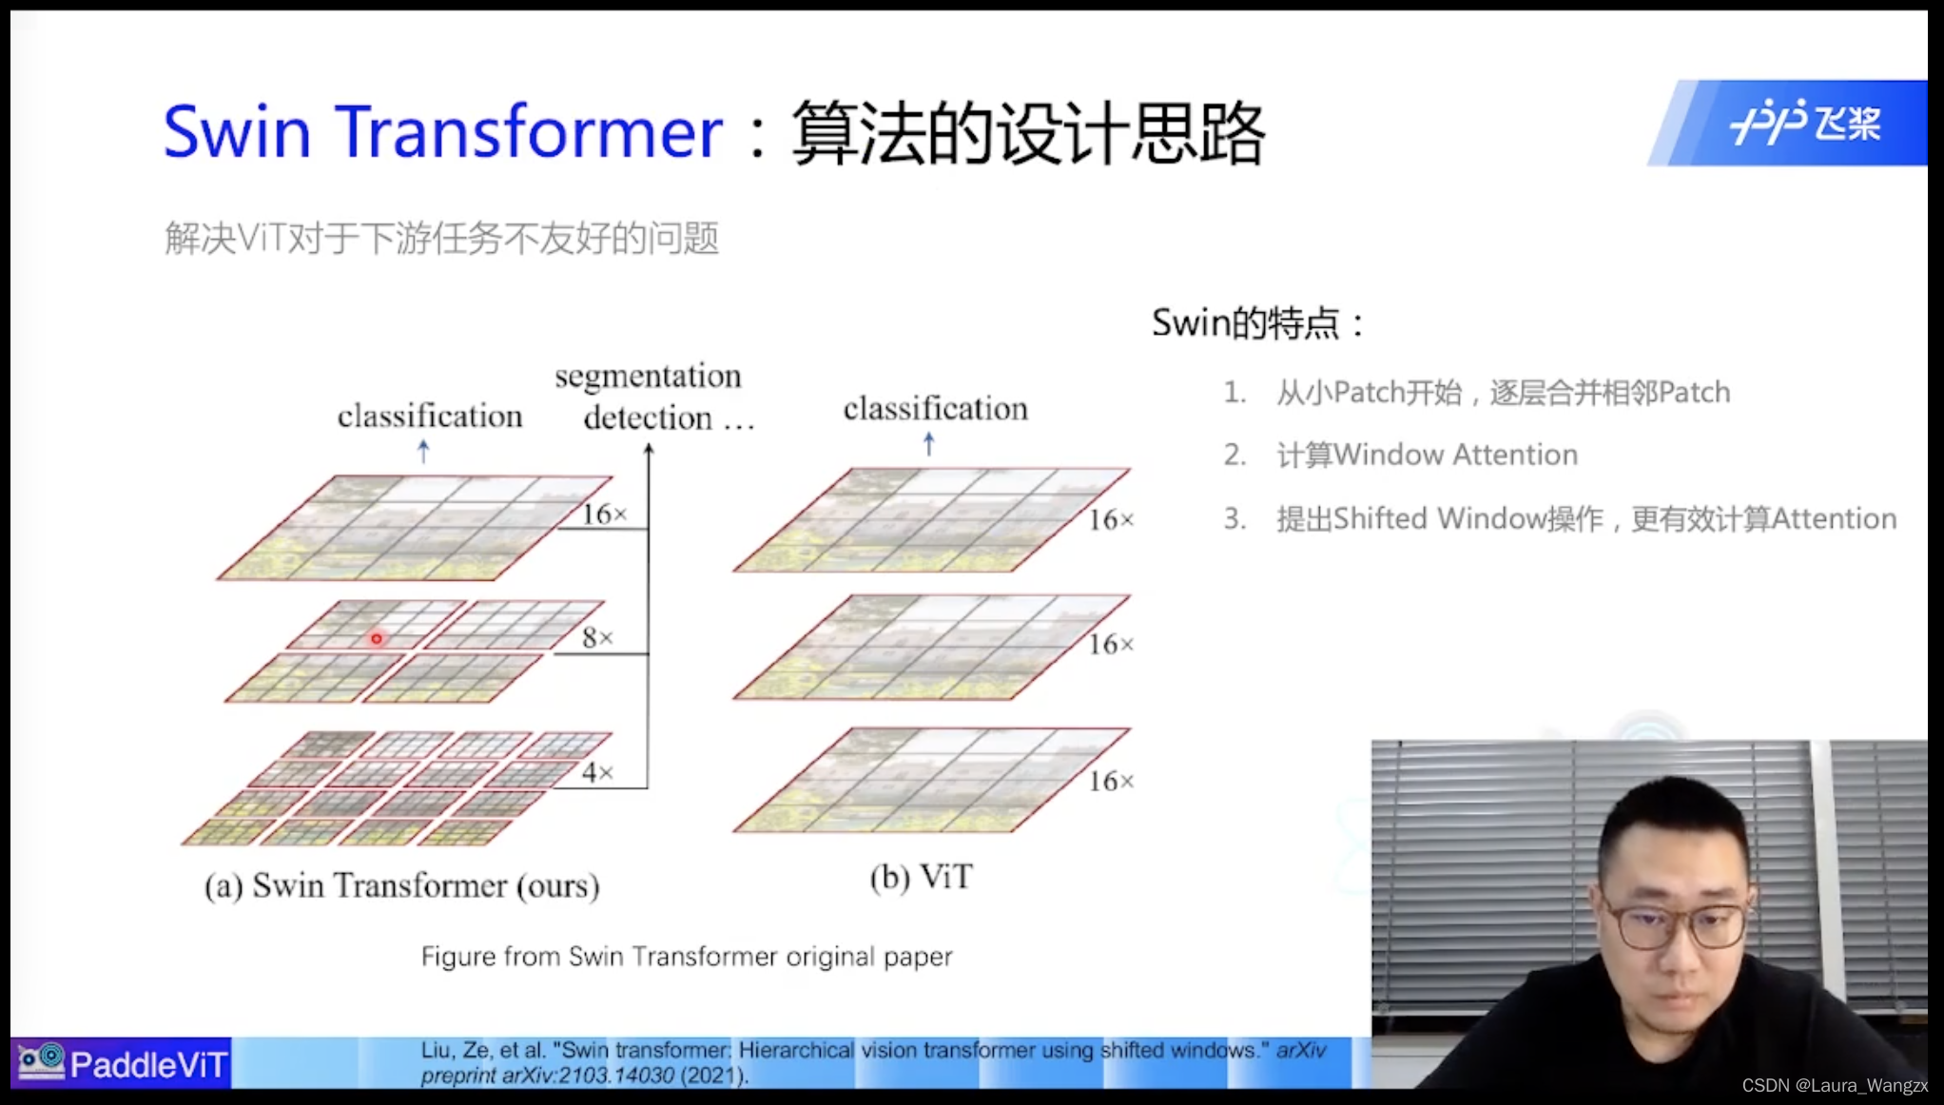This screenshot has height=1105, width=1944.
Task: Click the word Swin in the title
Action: [237, 131]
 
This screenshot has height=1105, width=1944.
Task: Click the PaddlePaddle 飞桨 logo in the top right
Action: [1804, 123]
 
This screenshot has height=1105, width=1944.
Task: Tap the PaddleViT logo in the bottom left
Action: [122, 1063]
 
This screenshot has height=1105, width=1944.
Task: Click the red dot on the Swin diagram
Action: [377, 639]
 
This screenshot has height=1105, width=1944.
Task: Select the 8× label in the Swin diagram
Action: [597, 637]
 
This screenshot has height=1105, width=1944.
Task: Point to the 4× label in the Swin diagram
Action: [597, 772]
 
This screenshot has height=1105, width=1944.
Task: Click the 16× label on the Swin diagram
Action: [604, 514]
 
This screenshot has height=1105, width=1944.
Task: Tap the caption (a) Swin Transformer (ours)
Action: [401, 885]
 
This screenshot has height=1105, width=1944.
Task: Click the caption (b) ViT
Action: [921, 877]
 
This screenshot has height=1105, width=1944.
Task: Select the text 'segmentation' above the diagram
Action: [648, 377]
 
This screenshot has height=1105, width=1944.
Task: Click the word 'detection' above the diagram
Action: [648, 417]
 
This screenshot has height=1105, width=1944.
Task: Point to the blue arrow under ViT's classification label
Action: [929, 443]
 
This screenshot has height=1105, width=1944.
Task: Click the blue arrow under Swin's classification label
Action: [423, 451]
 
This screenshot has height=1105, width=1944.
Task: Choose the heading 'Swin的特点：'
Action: [1257, 323]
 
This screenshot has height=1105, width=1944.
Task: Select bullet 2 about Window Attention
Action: [1426, 455]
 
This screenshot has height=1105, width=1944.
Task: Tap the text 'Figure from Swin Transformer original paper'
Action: [686, 956]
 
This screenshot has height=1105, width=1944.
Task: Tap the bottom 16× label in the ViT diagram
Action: [1111, 782]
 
